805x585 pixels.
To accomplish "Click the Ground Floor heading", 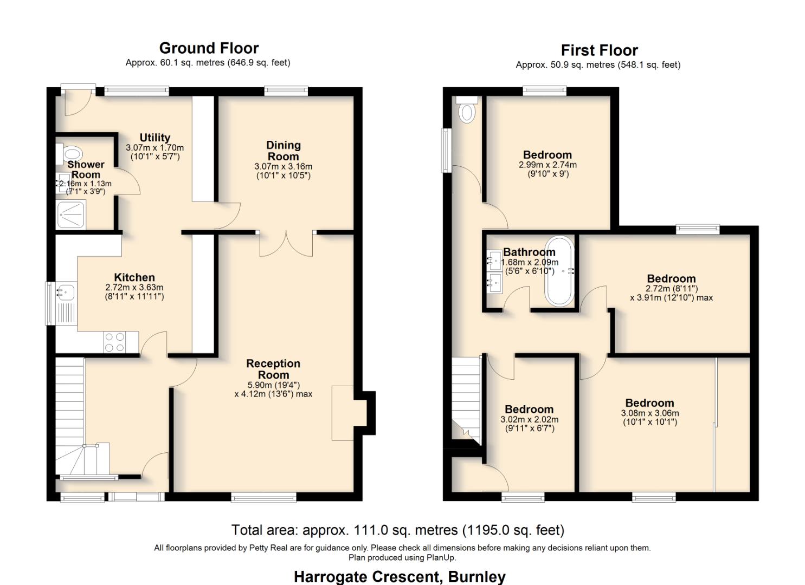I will coord(209,48).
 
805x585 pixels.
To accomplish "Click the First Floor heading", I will coord(599,50).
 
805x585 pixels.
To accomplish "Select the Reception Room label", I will coord(273,369).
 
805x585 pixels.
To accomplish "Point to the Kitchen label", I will coord(134,277).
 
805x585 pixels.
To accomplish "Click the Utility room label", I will coord(154,138).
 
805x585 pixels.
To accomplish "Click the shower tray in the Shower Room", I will coord(71,214).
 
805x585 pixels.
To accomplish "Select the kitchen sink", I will coord(64,293).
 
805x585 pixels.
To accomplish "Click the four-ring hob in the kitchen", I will coord(114,342).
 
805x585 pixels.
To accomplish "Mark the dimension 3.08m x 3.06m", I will coord(649,413).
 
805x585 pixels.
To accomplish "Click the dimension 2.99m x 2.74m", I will coord(548,165).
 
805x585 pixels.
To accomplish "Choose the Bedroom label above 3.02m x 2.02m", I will coord(529,409).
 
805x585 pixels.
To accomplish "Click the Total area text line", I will coord(397,530).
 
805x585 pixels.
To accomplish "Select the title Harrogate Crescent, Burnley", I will coord(400,576).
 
